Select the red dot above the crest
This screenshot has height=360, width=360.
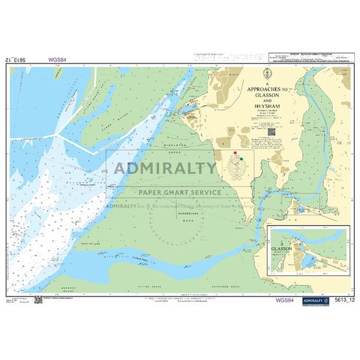pos(235,153)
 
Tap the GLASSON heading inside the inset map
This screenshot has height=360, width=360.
pos(282,248)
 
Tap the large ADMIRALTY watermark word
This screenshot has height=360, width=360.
pos(165,169)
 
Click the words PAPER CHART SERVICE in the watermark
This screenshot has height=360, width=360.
pos(176,192)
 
